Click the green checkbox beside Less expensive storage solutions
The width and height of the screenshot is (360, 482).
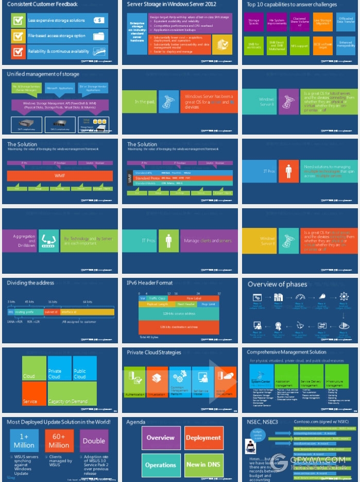click(18, 21)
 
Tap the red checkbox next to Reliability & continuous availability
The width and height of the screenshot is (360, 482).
click(18, 52)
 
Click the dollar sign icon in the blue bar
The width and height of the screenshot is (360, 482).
click(99, 21)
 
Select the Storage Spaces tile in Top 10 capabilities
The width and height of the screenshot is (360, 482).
click(253, 22)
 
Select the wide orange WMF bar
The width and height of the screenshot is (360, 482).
click(60, 176)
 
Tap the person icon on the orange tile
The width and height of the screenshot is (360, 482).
click(289, 170)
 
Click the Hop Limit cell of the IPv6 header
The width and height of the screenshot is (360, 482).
click(208, 305)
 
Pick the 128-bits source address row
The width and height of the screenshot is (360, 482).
click(179, 314)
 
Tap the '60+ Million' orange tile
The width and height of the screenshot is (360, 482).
click(59, 441)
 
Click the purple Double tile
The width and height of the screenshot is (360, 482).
click(94, 441)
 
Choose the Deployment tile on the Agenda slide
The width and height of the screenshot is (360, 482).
click(203, 438)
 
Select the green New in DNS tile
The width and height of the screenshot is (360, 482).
click(203, 464)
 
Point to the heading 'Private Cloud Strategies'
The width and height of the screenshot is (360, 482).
click(154, 353)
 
